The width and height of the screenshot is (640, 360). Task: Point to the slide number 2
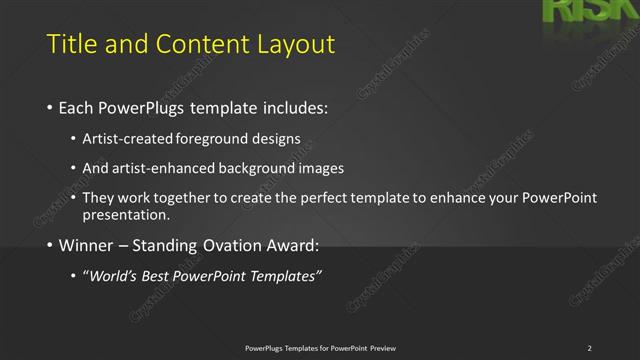(x=589, y=348)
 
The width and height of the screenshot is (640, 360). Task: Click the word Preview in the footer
(x=382, y=348)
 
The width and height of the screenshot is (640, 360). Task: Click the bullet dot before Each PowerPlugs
(x=50, y=107)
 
